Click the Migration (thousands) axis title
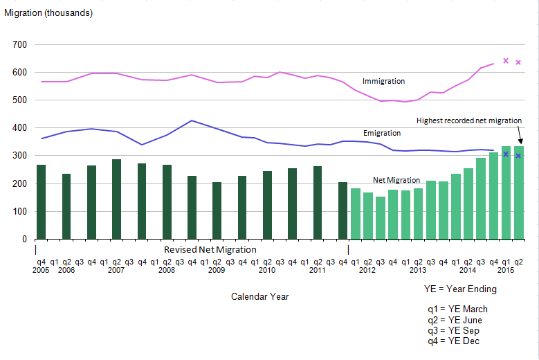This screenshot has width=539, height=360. click(48, 12)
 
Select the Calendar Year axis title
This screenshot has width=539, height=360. click(259, 296)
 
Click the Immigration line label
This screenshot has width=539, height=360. click(383, 81)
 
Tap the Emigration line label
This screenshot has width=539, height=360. click(382, 133)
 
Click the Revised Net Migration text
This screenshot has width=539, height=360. click(210, 249)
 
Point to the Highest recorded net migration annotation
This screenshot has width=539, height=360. click(468, 120)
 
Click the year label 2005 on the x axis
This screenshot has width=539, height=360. click(42, 270)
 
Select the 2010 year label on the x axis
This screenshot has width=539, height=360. click(267, 270)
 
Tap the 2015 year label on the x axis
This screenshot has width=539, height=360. click(506, 270)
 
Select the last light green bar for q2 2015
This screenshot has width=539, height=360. click(518, 192)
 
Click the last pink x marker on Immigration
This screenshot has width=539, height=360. click(518, 62)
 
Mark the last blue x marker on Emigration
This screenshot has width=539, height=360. click(518, 156)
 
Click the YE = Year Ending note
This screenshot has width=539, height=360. click(460, 289)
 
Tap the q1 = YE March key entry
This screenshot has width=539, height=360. click(457, 309)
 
